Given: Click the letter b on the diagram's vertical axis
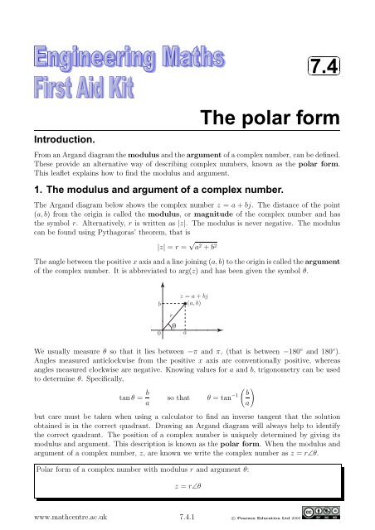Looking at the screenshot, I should tap(160, 305).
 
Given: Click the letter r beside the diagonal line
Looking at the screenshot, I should tap(170, 315).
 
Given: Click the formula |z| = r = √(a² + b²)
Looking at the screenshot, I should tap(187, 247).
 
